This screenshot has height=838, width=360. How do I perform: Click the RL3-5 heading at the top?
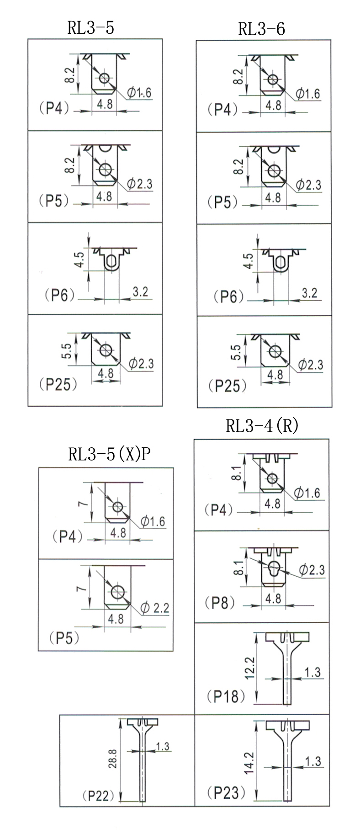click(x=91, y=28)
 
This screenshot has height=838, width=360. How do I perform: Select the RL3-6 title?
click(x=261, y=29)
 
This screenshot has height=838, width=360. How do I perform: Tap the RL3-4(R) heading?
click(x=262, y=425)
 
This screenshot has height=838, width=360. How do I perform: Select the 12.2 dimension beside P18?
click(x=249, y=668)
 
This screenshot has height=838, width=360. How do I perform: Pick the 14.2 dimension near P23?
click(x=249, y=762)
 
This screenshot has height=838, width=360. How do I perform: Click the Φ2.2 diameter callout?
click(x=155, y=607)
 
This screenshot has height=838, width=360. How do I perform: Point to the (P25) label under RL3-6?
click(x=228, y=386)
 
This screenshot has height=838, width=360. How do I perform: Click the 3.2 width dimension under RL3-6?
click(x=309, y=292)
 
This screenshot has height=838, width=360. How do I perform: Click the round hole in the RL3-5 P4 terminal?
click(x=105, y=78)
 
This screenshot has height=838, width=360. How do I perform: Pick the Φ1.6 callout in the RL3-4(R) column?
click(x=307, y=493)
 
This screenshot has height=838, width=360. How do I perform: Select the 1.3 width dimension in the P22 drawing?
click(x=162, y=746)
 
